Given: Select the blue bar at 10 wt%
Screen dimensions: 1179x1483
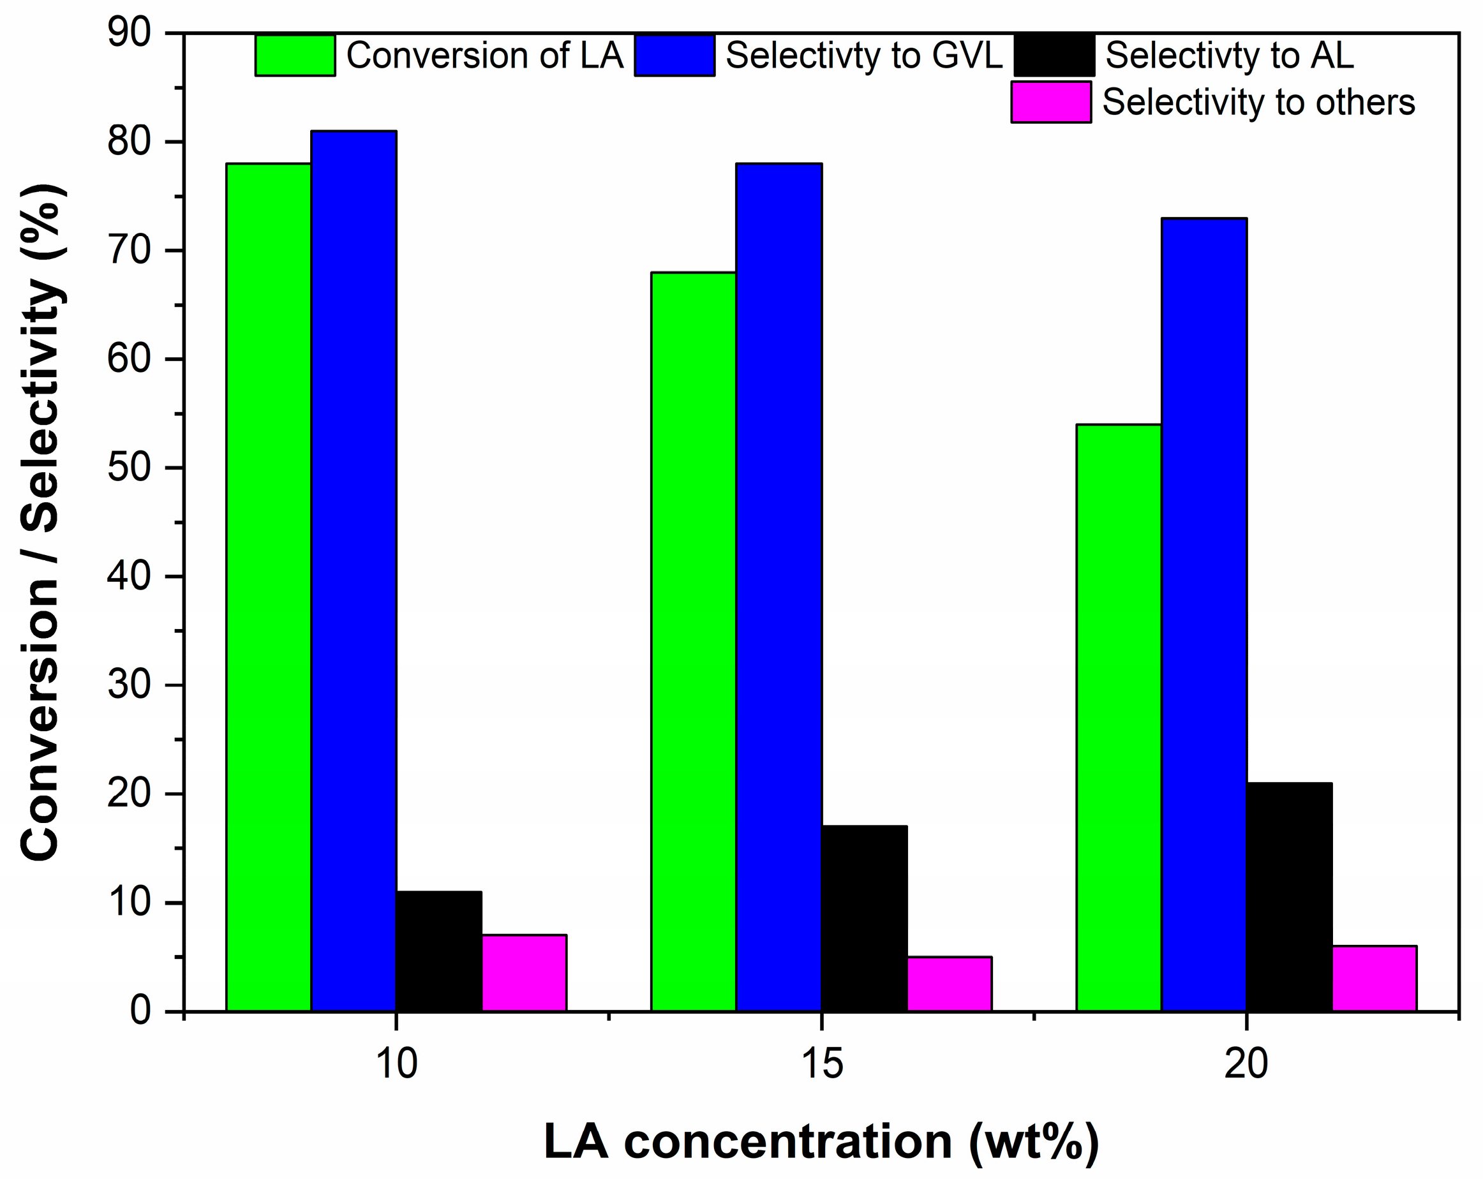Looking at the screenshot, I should pyautogui.click(x=354, y=570).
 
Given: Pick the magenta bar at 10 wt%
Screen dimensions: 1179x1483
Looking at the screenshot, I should pyautogui.click(x=524, y=973).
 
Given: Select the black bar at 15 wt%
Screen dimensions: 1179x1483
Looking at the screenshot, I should pyautogui.click(x=864, y=918).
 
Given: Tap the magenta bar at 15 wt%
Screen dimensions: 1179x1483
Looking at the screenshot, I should pyautogui.click(x=950, y=984).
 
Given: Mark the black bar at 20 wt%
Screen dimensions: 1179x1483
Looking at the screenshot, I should pyautogui.click(x=1289, y=897).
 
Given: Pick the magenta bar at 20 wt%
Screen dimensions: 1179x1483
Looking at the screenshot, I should pyautogui.click(x=1375, y=978).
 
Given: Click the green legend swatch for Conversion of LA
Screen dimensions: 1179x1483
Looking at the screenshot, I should pyautogui.click(x=295, y=56).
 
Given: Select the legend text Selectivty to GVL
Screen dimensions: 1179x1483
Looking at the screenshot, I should pyautogui.click(x=864, y=56).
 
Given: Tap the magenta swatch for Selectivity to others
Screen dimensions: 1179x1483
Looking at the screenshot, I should pyautogui.click(x=1050, y=102).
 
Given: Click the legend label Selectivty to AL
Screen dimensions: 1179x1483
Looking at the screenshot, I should pyautogui.click(x=1229, y=56).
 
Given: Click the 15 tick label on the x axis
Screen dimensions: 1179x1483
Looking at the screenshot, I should pyautogui.click(x=821, y=1064).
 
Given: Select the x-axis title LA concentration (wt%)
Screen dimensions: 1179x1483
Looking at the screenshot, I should pyautogui.click(x=821, y=1141).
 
